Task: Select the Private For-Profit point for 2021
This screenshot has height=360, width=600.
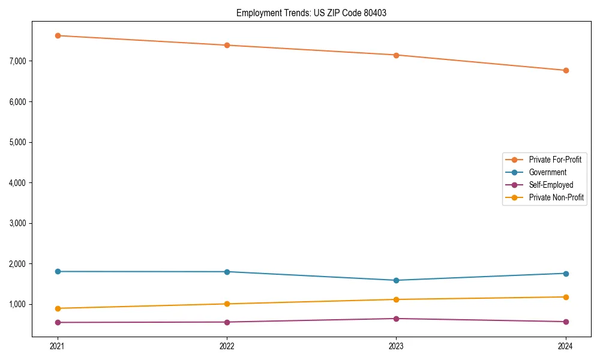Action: point(58,35)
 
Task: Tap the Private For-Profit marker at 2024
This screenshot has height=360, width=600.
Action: point(566,70)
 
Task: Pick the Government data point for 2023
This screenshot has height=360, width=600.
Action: point(396,280)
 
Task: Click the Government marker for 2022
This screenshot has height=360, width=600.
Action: point(227,272)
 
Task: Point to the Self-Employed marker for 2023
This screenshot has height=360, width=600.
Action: point(396,319)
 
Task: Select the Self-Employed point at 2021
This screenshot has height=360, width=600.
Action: point(58,322)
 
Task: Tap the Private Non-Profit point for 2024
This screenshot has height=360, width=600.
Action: point(566,297)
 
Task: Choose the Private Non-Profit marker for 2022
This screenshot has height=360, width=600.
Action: point(227,304)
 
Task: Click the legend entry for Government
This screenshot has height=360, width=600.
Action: point(547,172)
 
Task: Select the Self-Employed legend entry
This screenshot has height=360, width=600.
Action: point(551,185)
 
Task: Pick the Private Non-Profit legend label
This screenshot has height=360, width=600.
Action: point(556,197)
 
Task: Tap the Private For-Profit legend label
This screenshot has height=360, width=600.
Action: point(555,160)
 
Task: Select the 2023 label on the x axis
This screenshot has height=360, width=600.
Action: point(396,346)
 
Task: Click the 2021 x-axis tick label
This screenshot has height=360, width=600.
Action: point(58,346)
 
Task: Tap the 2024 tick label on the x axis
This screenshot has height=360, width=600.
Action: point(566,346)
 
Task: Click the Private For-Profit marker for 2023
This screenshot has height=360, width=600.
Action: point(396,55)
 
